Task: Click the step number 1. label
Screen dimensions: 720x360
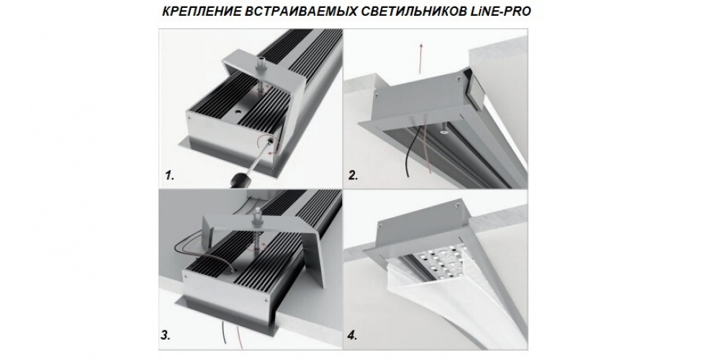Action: [x=170, y=175]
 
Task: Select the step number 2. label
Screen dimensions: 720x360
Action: [x=353, y=175]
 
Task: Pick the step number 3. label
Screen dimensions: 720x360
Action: [x=166, y=336]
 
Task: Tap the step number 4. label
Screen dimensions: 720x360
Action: [x=352, y=336]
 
